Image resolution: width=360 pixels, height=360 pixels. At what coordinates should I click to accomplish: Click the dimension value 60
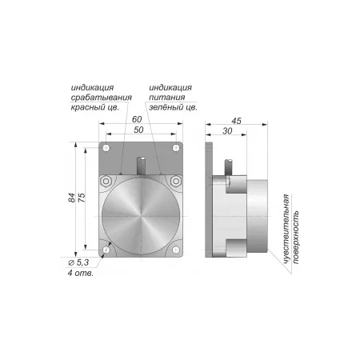[137, 119]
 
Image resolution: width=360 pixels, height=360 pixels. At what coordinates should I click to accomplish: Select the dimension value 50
[138, 130]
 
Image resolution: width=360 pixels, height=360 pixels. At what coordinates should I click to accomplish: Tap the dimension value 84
[72, 198]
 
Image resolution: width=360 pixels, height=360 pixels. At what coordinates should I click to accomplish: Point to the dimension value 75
[82, 198]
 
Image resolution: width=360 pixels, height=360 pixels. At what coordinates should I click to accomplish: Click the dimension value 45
[236, 121]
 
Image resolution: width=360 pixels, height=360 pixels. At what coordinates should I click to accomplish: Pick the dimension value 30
[227, 131]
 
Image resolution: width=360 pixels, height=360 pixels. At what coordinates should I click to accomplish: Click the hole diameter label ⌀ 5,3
[78, 262]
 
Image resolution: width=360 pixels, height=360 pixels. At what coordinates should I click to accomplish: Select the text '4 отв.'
[81, 273]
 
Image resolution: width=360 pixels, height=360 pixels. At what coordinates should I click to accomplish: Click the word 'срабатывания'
[102, 98]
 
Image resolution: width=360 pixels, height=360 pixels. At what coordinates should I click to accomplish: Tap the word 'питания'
[167, 98]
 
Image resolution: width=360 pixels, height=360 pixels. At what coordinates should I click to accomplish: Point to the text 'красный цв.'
[94, 107]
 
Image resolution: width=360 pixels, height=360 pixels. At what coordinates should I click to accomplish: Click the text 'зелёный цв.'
[173, 107]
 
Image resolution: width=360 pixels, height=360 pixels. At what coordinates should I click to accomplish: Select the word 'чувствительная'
[286, 230]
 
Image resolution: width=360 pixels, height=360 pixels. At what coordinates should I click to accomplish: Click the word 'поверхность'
[296, 238]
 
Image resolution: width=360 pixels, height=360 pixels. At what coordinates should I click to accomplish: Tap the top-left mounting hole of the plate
[106, 148]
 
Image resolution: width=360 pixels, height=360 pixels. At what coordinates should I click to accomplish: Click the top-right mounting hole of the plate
[176, 148]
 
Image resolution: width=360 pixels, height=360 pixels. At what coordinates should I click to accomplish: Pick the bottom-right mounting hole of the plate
[176, 250]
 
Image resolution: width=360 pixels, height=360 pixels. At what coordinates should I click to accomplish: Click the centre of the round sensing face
[141, 216]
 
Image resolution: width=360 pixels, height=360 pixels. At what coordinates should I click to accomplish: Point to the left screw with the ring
[106, 182]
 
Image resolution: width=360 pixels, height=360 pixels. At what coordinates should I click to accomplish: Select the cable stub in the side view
[228, 167]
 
